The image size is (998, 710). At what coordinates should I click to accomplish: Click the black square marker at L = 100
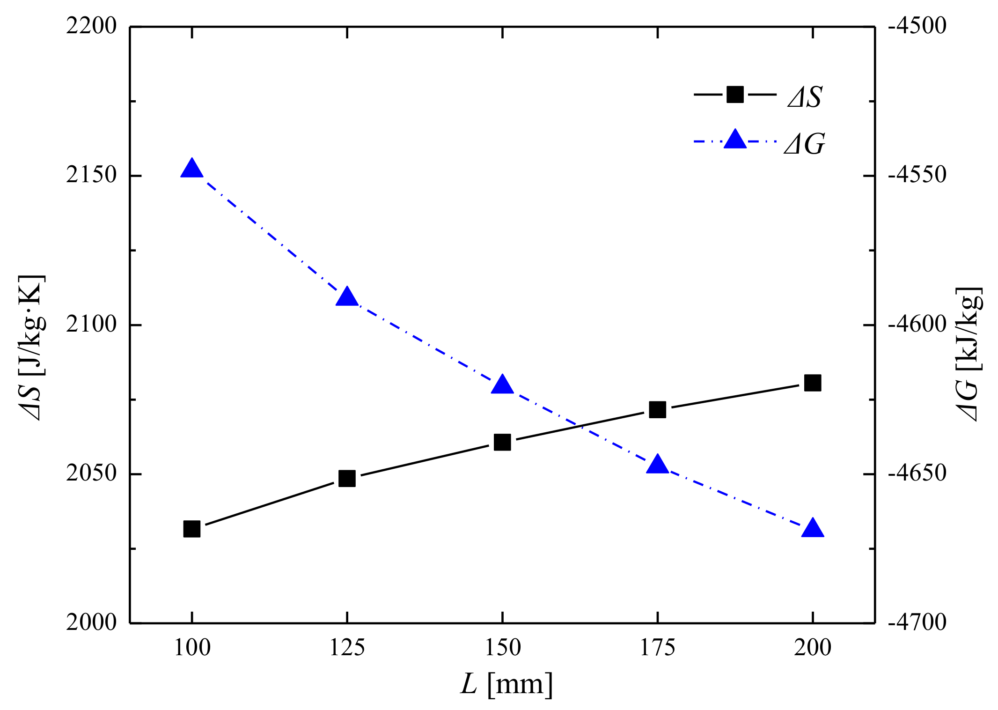(192, 529)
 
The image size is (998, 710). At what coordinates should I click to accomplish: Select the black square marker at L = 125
(347, 479)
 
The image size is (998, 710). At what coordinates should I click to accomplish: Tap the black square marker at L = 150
(502, 442)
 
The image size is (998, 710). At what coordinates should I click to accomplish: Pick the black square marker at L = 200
(813, 383)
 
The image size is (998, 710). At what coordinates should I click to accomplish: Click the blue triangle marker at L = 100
(192, 169)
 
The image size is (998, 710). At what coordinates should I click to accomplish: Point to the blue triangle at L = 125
(347, 297)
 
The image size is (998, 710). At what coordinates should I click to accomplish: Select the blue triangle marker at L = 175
(658, 464)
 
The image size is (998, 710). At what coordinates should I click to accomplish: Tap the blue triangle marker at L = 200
(813, 529)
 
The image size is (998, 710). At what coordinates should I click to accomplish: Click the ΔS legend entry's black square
(735, 95)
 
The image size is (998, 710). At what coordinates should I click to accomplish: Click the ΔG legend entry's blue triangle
(735, 140)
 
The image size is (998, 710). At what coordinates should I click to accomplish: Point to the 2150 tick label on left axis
(91, 175)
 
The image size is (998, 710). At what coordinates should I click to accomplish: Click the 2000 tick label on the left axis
(91, 622)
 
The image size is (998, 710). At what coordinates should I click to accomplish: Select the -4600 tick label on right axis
(917, 324)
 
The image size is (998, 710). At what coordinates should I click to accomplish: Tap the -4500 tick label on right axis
(917, 26)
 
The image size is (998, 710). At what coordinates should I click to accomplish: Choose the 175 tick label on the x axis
(657, 648)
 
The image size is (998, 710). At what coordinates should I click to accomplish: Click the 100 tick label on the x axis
(192, 648)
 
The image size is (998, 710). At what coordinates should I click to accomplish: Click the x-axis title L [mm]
(506, 684)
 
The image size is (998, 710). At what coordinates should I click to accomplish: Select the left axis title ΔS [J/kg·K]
(32, 348)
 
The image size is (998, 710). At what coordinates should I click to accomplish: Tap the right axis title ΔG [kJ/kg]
(968, 354)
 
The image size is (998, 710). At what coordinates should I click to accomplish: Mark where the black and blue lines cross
(582, 427)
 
